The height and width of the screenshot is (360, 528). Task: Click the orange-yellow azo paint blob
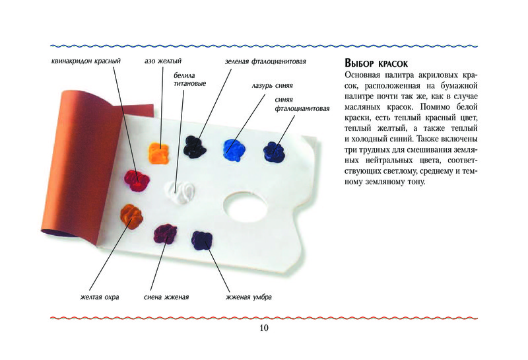(x=158, y=153)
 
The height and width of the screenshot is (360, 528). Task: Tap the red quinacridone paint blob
(x=137, y=181)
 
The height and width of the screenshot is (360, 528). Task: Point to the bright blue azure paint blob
(x=234, y=150)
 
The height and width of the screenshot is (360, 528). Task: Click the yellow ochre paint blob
(x=131, y=217)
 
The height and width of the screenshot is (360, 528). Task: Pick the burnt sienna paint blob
(x=165, y=234)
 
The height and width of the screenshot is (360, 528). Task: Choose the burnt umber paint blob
(x=202, y=240)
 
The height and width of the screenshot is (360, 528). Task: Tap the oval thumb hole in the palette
(x=246, y=207)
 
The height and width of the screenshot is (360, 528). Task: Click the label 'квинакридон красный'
(x=86, y=61)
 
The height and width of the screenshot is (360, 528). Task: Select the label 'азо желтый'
(x=163, y=61)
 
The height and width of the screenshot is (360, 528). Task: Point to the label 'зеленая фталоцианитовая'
(x=265, y=61)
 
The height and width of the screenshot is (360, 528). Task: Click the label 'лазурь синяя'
(x=272, y=86)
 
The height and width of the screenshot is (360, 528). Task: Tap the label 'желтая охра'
(x=100, y=297)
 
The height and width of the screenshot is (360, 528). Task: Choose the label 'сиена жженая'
(x=166, y=297)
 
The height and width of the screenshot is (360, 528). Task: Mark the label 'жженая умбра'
(x=249, y=297)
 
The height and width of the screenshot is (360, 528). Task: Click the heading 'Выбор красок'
(x=376, y=63)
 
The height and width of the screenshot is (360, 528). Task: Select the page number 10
(x=264, y=328)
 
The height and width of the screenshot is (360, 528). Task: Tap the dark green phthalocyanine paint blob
(x=195, y=147)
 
